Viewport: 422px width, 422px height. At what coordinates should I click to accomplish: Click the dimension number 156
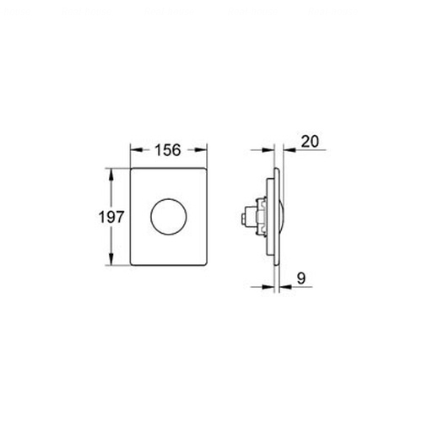tap(168, 150)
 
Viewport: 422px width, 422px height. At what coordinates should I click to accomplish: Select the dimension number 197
tap(111, 217)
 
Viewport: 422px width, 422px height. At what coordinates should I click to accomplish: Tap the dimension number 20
tap(310, 142)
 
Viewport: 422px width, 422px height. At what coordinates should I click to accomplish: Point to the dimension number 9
tap(301, 279)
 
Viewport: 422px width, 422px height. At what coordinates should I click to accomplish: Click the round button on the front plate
tap(168, 216)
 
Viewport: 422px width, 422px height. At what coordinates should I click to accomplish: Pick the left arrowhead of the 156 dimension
tap(136, 150)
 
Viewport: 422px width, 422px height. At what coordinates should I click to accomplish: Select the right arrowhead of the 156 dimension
tap(202, 150)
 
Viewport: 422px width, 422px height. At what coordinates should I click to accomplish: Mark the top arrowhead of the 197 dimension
tap(111, 174)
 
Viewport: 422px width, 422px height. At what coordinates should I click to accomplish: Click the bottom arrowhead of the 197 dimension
tap(111, 259)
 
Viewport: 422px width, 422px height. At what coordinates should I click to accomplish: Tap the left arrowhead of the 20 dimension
tap(268, 150)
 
